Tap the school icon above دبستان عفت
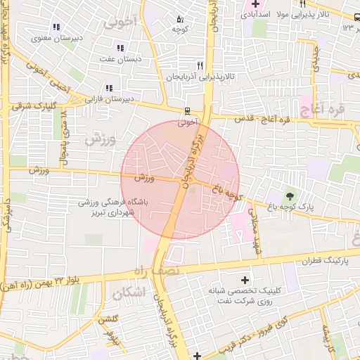(120, 49)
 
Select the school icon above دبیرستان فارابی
(109, 88)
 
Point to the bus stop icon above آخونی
(187, 111)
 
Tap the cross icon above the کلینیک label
(245, 280)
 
